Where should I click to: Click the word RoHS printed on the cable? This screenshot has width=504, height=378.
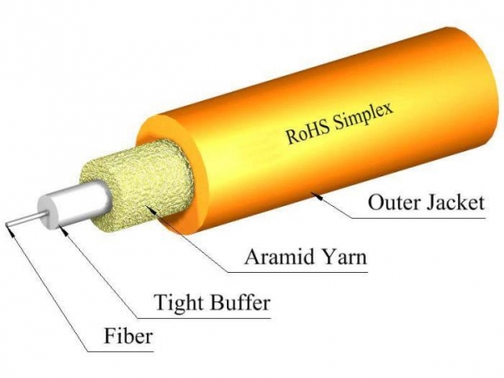pyautogui.click(x=305, y=133)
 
